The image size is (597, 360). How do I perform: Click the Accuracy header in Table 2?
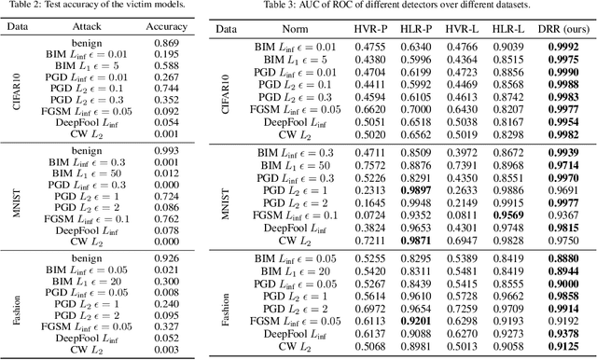tap(167, 28)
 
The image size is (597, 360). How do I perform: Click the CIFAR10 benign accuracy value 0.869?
tap(167, 45)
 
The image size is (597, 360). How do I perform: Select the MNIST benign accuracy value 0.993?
tap(167, 150)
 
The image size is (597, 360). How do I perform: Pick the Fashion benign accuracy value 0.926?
tap(167, 256)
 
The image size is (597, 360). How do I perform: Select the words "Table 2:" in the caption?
tap(40, 8)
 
